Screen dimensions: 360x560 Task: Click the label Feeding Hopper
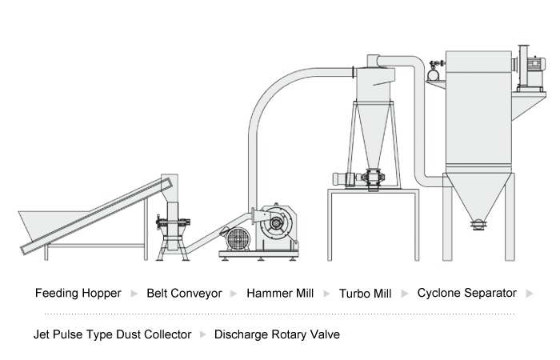[x=78, y=293]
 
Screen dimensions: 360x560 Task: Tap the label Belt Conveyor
[x=184, y=293]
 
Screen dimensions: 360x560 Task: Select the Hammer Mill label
[x=280, y=293]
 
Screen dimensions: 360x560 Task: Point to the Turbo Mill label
[x=366, y=293]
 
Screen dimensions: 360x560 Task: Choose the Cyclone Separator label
[x=467, y=293]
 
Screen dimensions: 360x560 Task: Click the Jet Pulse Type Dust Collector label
[x=113, y=334]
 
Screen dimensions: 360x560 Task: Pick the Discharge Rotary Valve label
[x=277, y=334]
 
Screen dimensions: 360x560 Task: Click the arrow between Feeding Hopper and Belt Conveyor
[x=134, y=294]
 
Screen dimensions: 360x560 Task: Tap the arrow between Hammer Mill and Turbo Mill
[x=326, y=294]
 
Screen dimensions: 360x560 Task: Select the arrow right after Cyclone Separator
[x=529, y=294]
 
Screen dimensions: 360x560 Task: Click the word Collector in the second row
[x=166, y=334]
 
